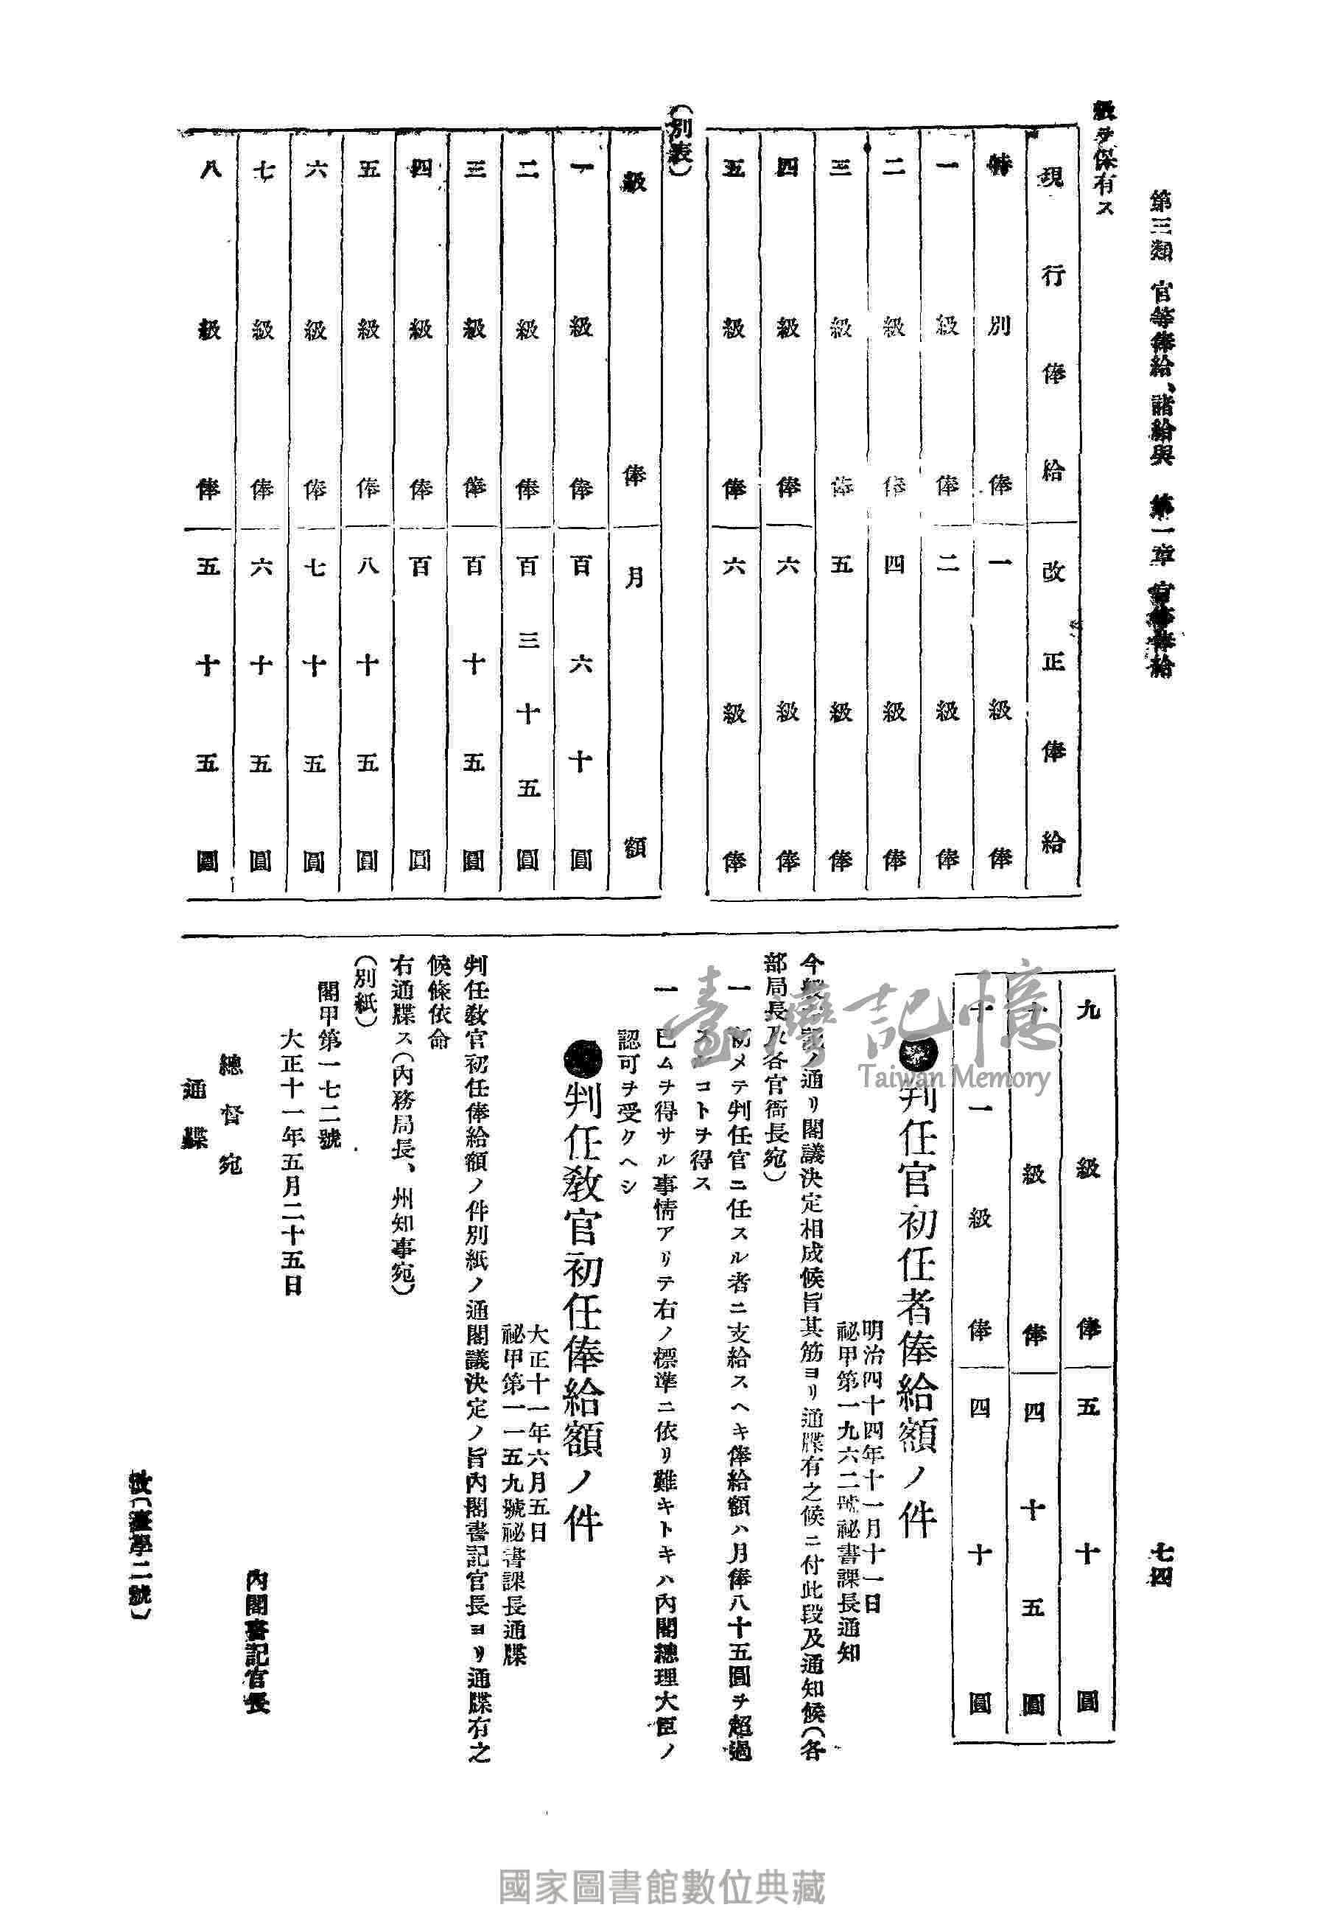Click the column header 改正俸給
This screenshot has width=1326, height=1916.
[x=1053, y=706]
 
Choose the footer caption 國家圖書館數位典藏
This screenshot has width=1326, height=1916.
[x=662, y=1864]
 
